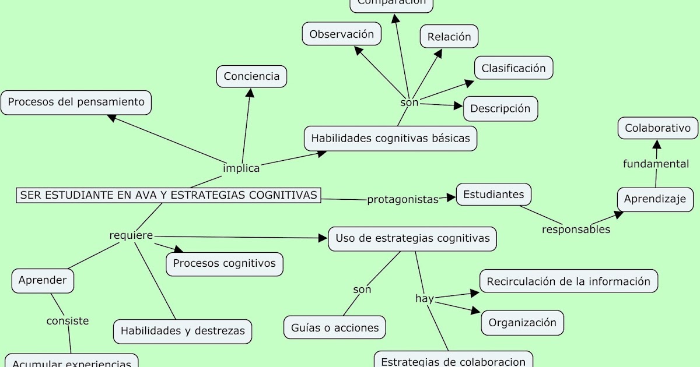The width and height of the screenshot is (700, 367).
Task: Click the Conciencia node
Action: (x=251, y=76)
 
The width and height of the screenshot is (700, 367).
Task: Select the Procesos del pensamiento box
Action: (x=76, y=103)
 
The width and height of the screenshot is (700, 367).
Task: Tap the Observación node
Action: (x=341, y=34)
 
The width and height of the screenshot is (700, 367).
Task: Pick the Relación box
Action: (x=449, y=37)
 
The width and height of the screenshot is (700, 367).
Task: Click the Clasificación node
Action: (x=513, y=68)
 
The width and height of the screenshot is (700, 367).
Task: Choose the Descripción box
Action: (x=501, y=108)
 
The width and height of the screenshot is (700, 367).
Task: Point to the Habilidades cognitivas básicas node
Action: (x=390, y=139)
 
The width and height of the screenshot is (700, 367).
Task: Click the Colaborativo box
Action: (x=657, y=128)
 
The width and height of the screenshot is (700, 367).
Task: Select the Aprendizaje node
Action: (x=655, y=199)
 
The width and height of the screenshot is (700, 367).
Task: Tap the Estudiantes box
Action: (x=494, y=195)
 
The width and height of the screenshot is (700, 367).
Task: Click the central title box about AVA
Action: (x=169, y=195)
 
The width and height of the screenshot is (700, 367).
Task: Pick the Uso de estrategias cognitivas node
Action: (x=412, y=239)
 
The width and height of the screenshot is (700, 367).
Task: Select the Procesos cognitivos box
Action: (x=225, y=263)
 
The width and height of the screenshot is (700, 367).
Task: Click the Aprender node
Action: (x=43, y=280)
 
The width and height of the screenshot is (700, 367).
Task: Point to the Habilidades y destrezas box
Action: (x=183, y=331)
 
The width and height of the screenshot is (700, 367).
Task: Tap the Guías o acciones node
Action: (x=335, y=328)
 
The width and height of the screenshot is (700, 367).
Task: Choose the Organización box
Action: (x=523, y=323)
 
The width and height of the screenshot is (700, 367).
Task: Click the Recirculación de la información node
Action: (x=569, y=281)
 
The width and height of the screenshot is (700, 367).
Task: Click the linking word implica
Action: (x=242, y=168)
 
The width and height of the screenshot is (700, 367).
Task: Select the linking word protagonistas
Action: (x=402, y=199)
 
